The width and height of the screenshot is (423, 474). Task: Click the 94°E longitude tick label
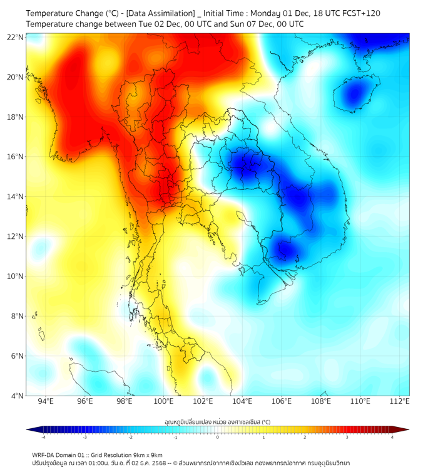pos(46,402)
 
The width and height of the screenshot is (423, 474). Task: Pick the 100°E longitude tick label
pos(164,402)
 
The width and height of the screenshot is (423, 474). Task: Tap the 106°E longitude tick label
pos(282,402)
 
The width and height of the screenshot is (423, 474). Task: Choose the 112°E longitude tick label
pos(400,402)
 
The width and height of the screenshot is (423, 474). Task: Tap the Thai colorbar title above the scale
pos(217,421)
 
